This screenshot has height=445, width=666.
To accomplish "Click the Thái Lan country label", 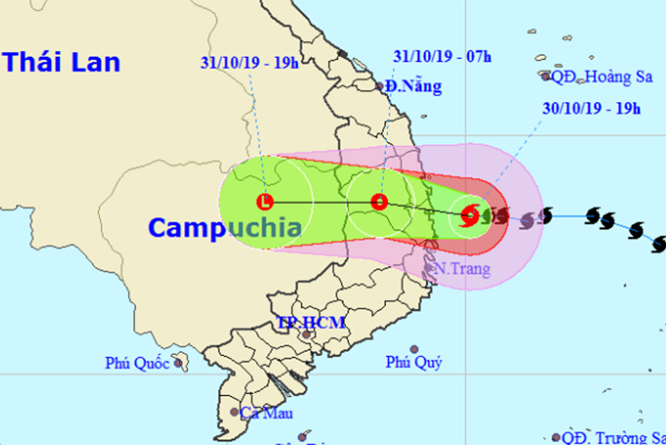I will pos(61,63).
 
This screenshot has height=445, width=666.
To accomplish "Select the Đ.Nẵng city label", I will pos(413,86).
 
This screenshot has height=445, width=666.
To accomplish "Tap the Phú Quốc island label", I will pos(137,364).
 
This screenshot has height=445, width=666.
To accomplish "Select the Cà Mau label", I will pos(262,413).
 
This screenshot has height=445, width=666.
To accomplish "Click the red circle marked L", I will pos(264,203).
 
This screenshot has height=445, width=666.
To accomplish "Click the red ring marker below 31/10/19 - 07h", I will pos(380,204).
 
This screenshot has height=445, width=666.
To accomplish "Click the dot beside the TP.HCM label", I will pos(307,335).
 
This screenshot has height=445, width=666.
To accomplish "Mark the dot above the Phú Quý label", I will pos(414,349).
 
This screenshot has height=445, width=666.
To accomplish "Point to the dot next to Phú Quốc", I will pos(179,363).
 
